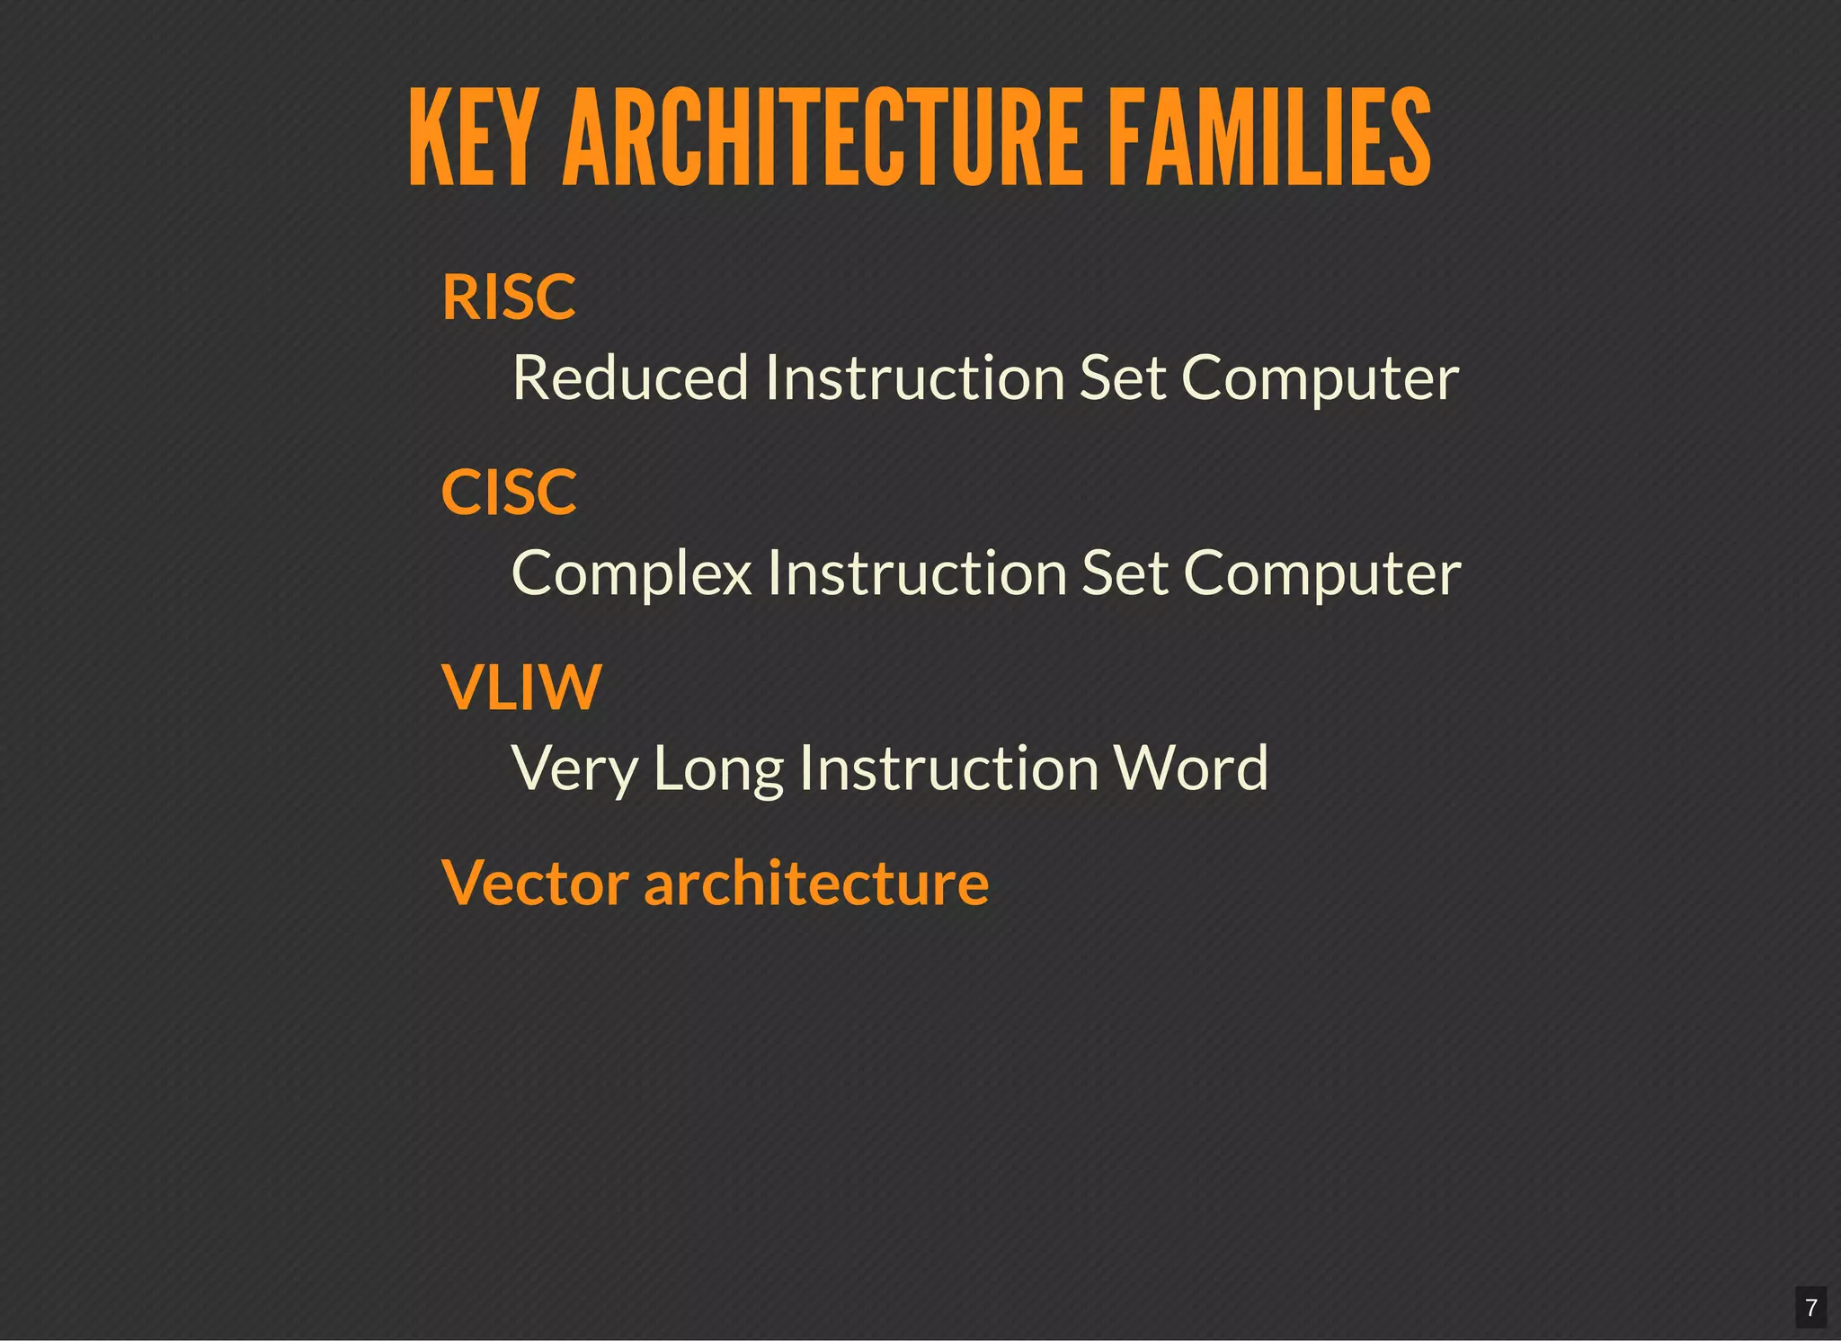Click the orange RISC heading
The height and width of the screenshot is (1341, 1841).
[509, 298]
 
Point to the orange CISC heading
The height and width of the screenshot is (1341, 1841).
[509, 493]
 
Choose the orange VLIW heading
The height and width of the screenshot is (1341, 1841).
[521, 688]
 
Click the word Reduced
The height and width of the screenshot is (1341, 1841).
[630, 377]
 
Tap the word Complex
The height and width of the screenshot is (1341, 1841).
[631, 573]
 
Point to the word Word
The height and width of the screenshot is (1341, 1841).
[1190, 768]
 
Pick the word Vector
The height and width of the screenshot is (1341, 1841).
[535, 883]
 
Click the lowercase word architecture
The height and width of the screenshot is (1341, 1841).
[816, 883]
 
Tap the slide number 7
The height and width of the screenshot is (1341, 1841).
[1811, 1308]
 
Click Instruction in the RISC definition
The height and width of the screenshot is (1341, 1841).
[915, 377]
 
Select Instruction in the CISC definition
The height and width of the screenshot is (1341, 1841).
[917, 573]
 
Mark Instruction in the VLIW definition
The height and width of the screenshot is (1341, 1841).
[948, 768]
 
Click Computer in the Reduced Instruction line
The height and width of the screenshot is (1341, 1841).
[1320, 379]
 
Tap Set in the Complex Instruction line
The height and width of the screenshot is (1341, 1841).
[1125, 573]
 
